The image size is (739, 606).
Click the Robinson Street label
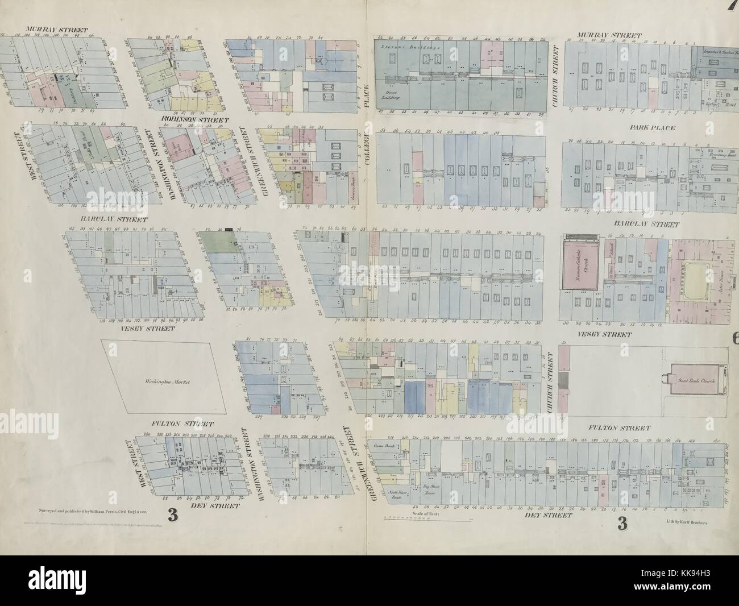[194, 120]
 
